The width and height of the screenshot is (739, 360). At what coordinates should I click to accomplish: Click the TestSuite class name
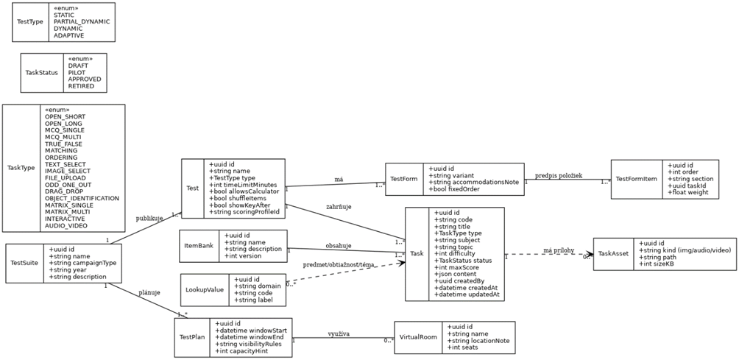[x=25, y=262]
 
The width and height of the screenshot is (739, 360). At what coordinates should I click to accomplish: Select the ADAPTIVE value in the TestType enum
[x=69, y=35]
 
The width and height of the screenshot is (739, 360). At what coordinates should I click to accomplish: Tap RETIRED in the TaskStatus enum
[x=81, y=86]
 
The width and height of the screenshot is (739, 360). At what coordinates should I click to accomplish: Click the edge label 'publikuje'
[x=149, y=219]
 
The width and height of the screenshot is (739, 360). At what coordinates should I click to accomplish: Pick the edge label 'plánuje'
[x=149, y=292]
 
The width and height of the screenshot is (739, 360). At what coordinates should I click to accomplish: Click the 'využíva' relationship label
[x=339, y=333]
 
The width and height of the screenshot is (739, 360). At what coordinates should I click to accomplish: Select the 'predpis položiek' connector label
[x=559, y=175]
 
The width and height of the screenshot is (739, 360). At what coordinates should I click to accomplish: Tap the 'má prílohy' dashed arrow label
[x=559, y=250]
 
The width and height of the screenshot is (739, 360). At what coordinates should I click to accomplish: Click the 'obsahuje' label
[x=339, y=245]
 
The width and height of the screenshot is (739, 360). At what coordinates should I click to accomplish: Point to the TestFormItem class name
[x=636, y=179]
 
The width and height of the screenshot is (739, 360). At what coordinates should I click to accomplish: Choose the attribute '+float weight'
[x=688, y=192]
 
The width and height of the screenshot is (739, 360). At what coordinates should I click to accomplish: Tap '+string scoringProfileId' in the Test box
[x=244, y=212]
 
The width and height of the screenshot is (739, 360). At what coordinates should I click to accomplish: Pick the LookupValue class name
[x=205, y=289]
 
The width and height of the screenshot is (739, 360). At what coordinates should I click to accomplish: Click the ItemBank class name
[x=199, y=246]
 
